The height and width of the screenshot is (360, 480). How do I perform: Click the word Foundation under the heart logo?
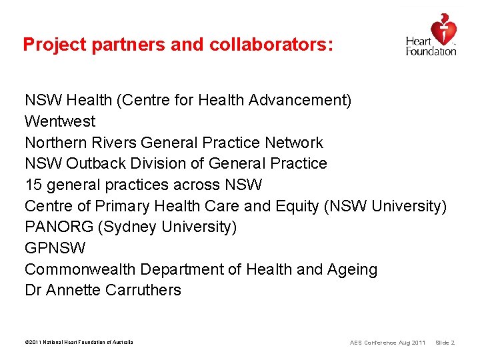coord(431,51)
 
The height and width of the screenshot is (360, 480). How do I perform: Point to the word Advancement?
coord(299,101)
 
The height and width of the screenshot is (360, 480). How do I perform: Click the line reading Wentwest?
coord(60,121)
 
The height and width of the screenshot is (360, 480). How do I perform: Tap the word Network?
coord(293,143)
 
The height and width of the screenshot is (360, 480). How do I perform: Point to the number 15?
coord(33,185)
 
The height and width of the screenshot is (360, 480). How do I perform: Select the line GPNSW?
coord(55,248)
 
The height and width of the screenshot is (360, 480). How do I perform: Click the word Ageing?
coord(352,270)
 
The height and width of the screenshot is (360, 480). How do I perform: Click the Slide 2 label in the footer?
coord(445,343)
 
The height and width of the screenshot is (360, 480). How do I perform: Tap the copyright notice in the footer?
coord(79,343)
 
